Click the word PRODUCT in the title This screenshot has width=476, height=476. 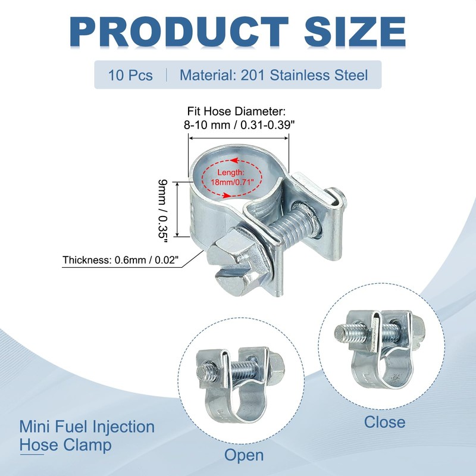[x=179, y=32]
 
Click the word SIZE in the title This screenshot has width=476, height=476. [x=355, y=32]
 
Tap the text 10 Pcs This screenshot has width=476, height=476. [x=130, y=76]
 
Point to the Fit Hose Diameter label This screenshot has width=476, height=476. [x=236, y=111]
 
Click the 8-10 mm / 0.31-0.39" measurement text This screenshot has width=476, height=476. [x=240, y=125]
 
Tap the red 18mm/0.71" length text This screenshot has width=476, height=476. [x=232, y=183]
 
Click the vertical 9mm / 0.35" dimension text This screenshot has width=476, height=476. [x=162, y=211]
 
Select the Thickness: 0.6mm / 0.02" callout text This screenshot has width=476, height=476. [x=121, y=260]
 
